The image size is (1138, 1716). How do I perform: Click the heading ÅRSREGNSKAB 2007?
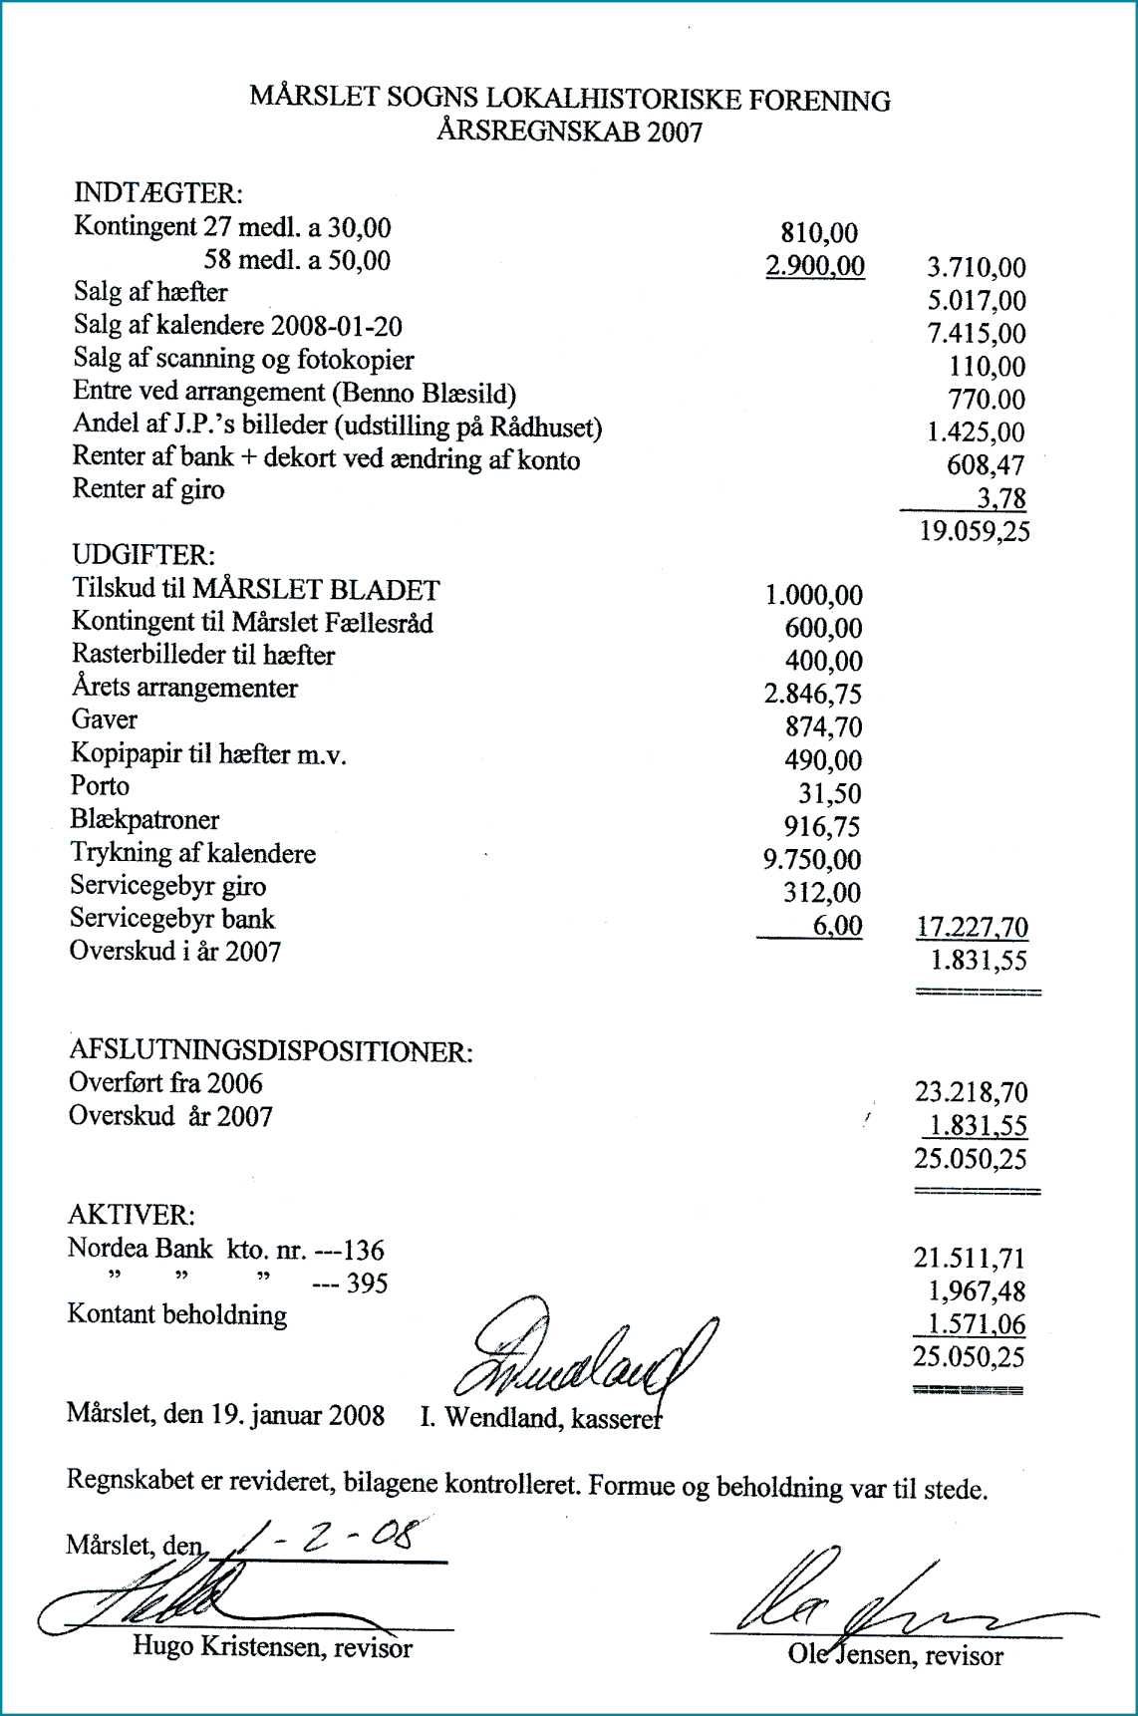569,132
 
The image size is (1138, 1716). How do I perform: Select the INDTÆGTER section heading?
158,192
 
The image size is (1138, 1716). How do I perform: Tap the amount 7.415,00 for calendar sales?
976,334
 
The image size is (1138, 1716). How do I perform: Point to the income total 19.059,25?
974,531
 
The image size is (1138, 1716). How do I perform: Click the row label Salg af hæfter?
150,293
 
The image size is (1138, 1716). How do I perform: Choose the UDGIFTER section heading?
142,555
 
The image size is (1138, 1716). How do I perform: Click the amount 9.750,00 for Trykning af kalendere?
812,860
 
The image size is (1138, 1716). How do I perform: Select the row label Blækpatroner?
144,820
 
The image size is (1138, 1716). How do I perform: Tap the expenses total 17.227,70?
972,928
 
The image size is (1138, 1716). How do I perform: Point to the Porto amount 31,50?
829,794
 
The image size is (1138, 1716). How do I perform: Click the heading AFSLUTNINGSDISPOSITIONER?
270,1051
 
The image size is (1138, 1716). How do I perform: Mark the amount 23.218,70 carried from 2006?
971,1093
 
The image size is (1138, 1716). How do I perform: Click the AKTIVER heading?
131,1216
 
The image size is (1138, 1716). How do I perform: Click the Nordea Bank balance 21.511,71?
970,1259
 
